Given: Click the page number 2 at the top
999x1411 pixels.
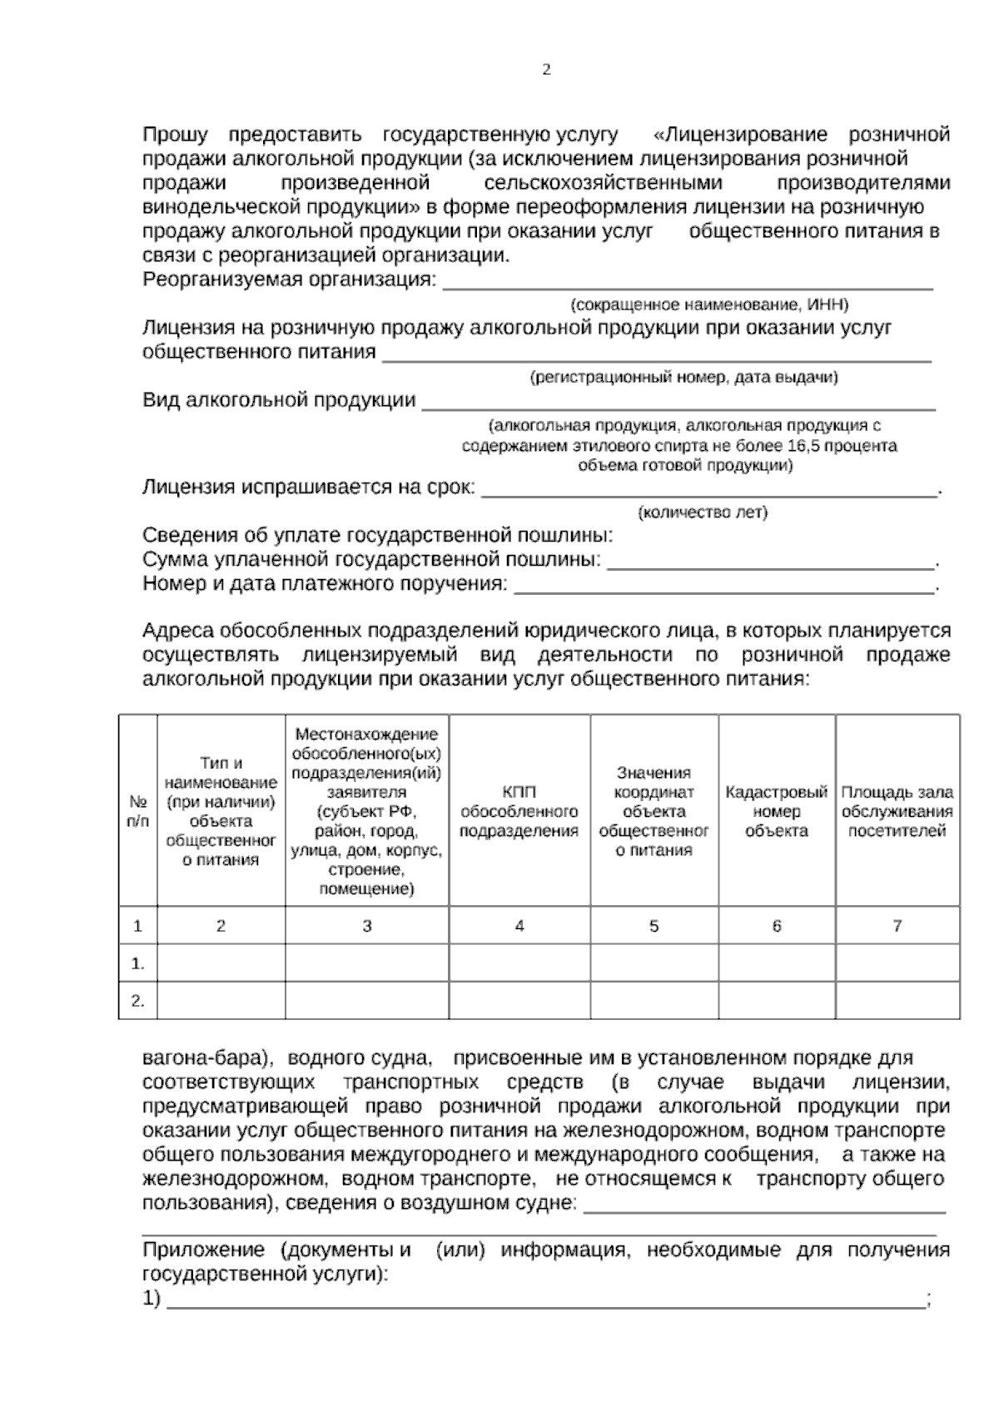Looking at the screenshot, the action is (546, 71).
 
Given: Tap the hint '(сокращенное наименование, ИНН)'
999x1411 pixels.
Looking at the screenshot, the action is (709, 304).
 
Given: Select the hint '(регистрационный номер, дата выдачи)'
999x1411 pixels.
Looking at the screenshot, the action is (683, 378).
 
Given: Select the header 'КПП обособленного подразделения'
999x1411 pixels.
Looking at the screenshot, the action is (519, 811).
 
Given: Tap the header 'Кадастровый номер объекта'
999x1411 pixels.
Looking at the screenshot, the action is (776, 811).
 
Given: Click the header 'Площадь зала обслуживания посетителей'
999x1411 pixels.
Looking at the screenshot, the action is (897, 811).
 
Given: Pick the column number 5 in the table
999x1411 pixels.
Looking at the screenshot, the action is (654, 926).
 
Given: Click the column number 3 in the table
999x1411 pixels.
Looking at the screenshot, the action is (366, 926).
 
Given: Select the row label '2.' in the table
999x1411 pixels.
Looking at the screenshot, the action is (137, 1001).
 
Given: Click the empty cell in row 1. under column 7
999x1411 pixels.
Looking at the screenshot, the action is (897, 964).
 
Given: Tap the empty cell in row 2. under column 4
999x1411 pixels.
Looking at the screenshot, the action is (519, 1001).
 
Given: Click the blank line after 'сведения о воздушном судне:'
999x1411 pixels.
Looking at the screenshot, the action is (764, 1210).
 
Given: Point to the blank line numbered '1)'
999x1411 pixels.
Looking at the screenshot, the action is (545, 1304).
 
